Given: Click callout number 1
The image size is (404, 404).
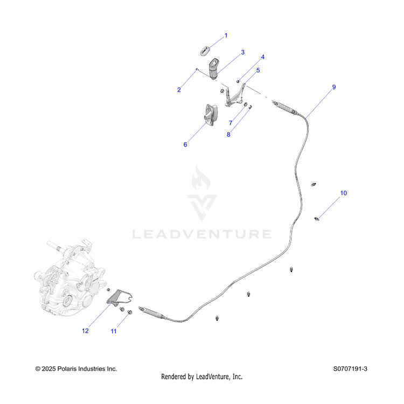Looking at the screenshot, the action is (x=226, y=36).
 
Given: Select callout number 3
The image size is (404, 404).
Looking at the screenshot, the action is (x=242, y=52).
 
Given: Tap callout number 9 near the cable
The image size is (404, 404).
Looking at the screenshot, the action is (x=334, y=87).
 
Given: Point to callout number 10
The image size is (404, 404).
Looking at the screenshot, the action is (x=344, y=193).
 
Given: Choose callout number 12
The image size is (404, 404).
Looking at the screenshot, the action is (x=85, y=331).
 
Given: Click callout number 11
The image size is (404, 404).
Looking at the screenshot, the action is (x=114, y=331).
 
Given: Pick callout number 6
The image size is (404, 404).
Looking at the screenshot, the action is (x=185, y=144).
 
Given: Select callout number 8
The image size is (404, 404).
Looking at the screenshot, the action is (x=228, y=135).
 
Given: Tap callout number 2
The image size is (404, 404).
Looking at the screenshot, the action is (x=179, y=89).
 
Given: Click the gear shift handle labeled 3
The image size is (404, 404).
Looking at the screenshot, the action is (x=214, y=69).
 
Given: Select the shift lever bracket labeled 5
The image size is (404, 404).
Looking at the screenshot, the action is (x=235, y=96).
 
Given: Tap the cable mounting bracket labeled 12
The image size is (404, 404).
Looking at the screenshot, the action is (x=119, y=298).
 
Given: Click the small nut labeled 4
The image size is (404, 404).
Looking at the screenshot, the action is (x=238, y=82).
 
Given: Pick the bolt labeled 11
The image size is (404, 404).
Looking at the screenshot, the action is (x=130, y=312).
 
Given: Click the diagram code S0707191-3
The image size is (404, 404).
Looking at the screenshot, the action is (x=350, y=368).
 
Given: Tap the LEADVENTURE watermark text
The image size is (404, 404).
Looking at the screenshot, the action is (x=202, y=234).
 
